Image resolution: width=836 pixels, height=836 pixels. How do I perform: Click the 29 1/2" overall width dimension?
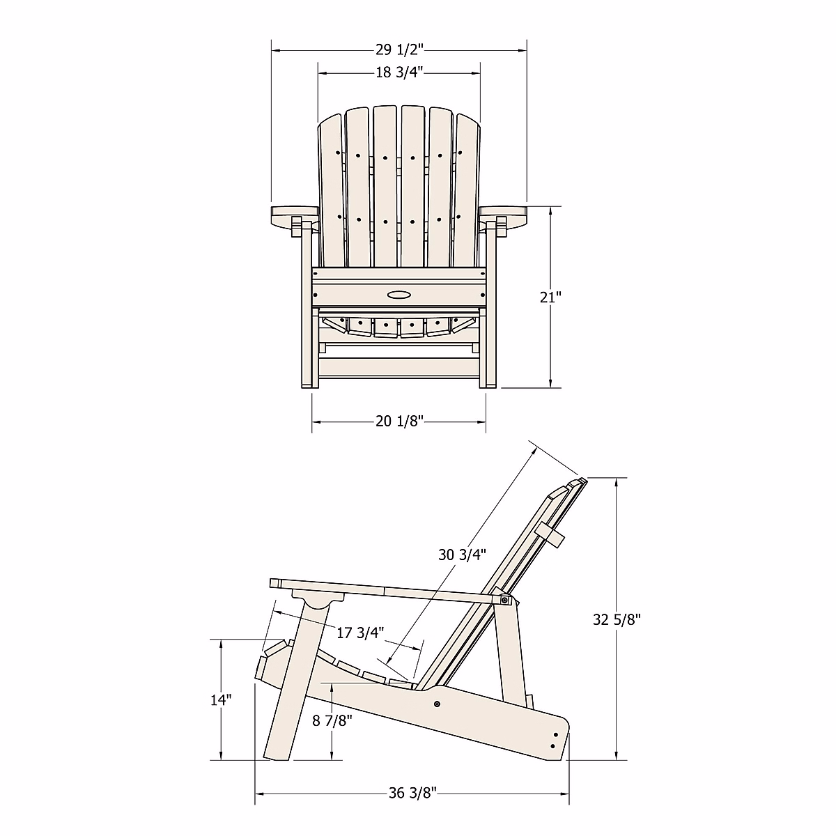point(399,49)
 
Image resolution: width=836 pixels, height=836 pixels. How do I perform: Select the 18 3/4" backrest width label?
point(399,72)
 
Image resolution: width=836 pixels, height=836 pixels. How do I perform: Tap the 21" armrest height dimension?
point(550,297)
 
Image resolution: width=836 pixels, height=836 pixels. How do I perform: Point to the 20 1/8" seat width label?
point(399,421)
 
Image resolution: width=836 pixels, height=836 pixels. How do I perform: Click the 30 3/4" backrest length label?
point(462,555)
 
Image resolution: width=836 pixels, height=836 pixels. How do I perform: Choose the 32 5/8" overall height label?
point(617,619)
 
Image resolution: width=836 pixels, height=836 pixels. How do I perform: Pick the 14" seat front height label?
point(221,699)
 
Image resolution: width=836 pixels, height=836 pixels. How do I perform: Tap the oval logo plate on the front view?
point(399,295)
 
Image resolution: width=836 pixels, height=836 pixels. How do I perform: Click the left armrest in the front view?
point(291,215)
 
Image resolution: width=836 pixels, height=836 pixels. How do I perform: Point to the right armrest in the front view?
point(506,215)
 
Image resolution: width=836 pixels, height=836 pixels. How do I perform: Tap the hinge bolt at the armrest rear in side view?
point(504,600)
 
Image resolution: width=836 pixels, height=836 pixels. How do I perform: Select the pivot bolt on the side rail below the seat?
point(437,704)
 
